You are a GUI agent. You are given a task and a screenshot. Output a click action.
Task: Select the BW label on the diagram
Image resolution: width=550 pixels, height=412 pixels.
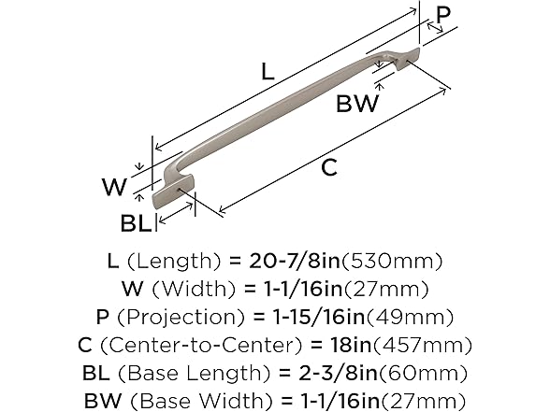coord(358,103)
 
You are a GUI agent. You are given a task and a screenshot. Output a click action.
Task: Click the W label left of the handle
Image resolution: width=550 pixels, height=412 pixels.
coord(113,187)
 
